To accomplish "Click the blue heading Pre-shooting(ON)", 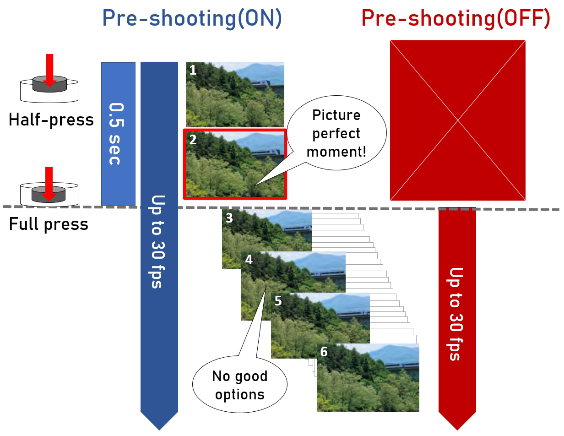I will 192,19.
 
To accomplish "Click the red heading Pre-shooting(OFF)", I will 456,19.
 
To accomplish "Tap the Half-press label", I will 51,120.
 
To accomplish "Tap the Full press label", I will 49,224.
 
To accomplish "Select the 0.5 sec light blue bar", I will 118,133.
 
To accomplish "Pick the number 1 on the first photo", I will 193,70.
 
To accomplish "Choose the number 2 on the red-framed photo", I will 193,140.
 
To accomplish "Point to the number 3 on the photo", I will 229,218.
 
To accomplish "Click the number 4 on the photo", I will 249,260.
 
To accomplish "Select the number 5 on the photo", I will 278,301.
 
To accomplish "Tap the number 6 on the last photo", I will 324,352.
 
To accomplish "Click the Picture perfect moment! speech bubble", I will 336,133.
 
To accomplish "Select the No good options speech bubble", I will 239,385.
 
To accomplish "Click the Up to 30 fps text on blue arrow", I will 158,241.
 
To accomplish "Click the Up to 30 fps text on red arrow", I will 456,314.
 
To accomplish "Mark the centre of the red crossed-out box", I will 458,120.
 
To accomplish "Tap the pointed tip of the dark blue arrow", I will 159,429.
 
